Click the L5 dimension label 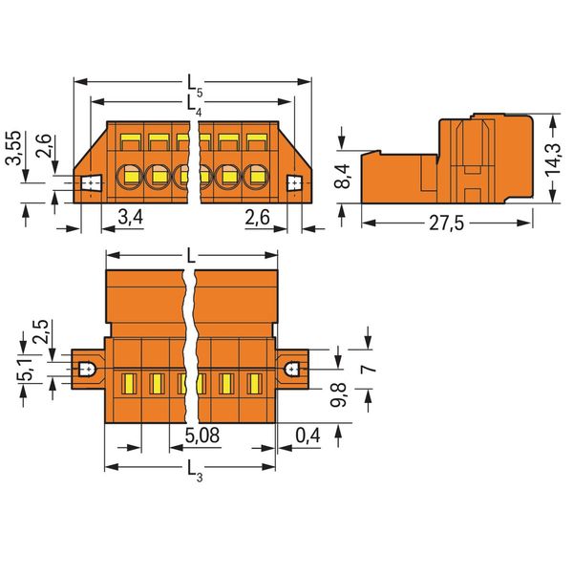pyautogui.click(x=195, y=87)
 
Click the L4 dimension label pyautogui.click(x=194, y=106)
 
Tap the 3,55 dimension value pyautogui.click(x=15, y=148)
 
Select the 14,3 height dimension pyautogui.click(x=553, y=159)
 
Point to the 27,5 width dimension pyautogui.click(x=446, y=223)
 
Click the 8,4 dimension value pyautogui.click(x=343, y=176)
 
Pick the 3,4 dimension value pyautogui.click(x=131, y=217)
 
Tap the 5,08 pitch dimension pyautogui.click(x=202, y=435)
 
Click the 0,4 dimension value pyautogui.click(x=308, y=435)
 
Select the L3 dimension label pyautogui.click(x=195, y=471)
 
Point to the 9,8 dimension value pyautogui.click(x=338, y=394)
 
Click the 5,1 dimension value pyautogui.click(x=28, y=370)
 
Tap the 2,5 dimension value pyautogui.click(x=40, y=331)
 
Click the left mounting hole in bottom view pyautogui.click(x=87, y=369)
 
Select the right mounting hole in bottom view pyautogui.click(x=293, y=369)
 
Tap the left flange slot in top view pyautogui.click(x=90, y=182)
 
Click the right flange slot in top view pyautogui.click(x=294, y=182)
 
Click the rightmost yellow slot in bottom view pyautogui.click(x=254, y=384)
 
